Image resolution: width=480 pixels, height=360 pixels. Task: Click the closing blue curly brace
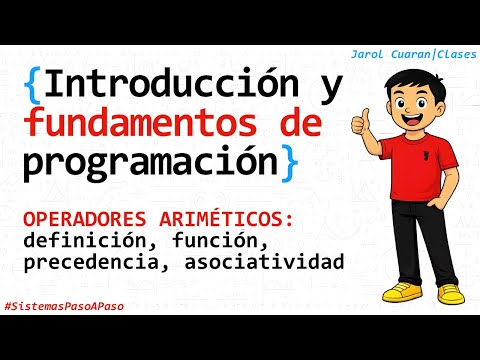[289, 162]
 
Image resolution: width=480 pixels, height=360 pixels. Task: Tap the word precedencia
[91, 263]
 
